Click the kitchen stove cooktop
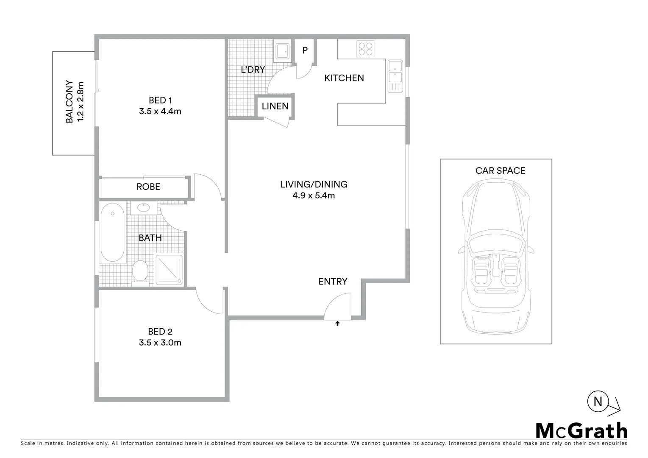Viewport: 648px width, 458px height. pyautogui.click(x=365, y=49)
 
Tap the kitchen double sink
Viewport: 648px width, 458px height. pyautogui.click(x=395, y=76)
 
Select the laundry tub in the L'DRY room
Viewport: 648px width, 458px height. pyautogui.click(x=282, y=51)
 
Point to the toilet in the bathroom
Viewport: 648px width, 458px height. pyautogui.click(x=140, y=271)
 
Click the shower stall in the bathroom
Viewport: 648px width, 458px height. pyautogui.click(x=169, y=269)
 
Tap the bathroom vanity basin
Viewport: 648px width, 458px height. pyautogui.click(x=144, y=208)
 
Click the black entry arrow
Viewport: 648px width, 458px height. pyautogui.click(x=337, y=324)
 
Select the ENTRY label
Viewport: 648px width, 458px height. pyautogui.click(x=333, y=282)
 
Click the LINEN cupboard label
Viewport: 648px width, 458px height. pyautogui.click(x=275, y=106)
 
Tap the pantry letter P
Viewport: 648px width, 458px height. pyautogui.click(x=305, y=50)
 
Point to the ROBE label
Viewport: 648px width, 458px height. pyautogui.click(x=148, y=187)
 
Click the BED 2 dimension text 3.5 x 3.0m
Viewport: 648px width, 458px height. pyautogui.click(x=160, y=343)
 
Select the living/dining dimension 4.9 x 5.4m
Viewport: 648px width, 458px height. pyautogui.click(x=314, y=195)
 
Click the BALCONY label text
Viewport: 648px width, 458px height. pyautogui.click(x=70, y=102)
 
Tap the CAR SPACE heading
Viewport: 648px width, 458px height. pyautogui.click(x=500, y=171)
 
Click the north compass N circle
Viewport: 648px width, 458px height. pyautogui.click(x=598, y=402)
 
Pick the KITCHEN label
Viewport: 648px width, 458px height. pyautogui.click(x=344, y=78)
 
